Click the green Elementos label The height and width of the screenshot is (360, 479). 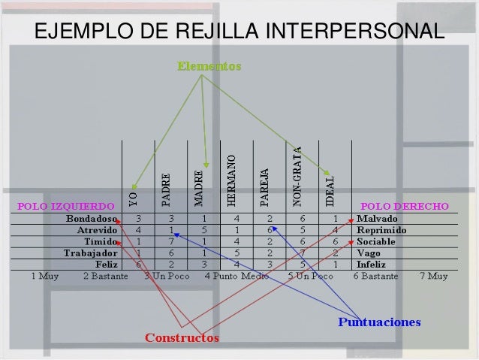click(x=209, y=67)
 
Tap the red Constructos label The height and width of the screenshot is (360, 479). click(x=182, y=337)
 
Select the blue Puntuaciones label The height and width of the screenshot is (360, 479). click(x=379, y=322)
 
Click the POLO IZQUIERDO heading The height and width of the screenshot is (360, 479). click(x=66, y=205)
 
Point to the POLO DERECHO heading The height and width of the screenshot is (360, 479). click(x=405, y=205)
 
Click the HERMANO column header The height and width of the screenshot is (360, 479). click(x=232, y=180)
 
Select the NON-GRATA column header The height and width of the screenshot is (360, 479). click(x=297, y=176)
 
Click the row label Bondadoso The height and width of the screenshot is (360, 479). click(x=92, y=219)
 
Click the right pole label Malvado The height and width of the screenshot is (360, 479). click(x=377, y=219)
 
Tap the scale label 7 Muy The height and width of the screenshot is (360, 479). click(x=434, y=276)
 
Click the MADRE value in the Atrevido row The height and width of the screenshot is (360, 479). click(x=205, y=230)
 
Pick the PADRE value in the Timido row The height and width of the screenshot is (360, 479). click(x=171, y=242)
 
